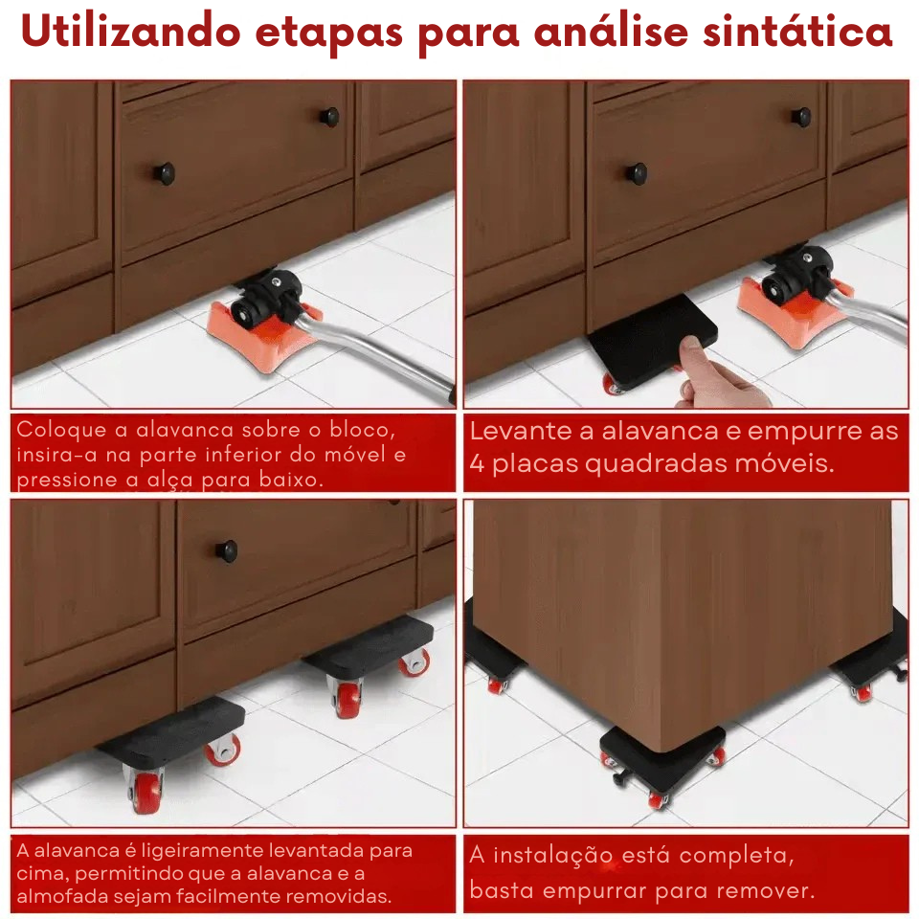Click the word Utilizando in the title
tap(129, 32)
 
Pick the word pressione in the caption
tap(65, 479)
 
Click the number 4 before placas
tap(478, 464)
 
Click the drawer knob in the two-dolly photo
tap(226, 549)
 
